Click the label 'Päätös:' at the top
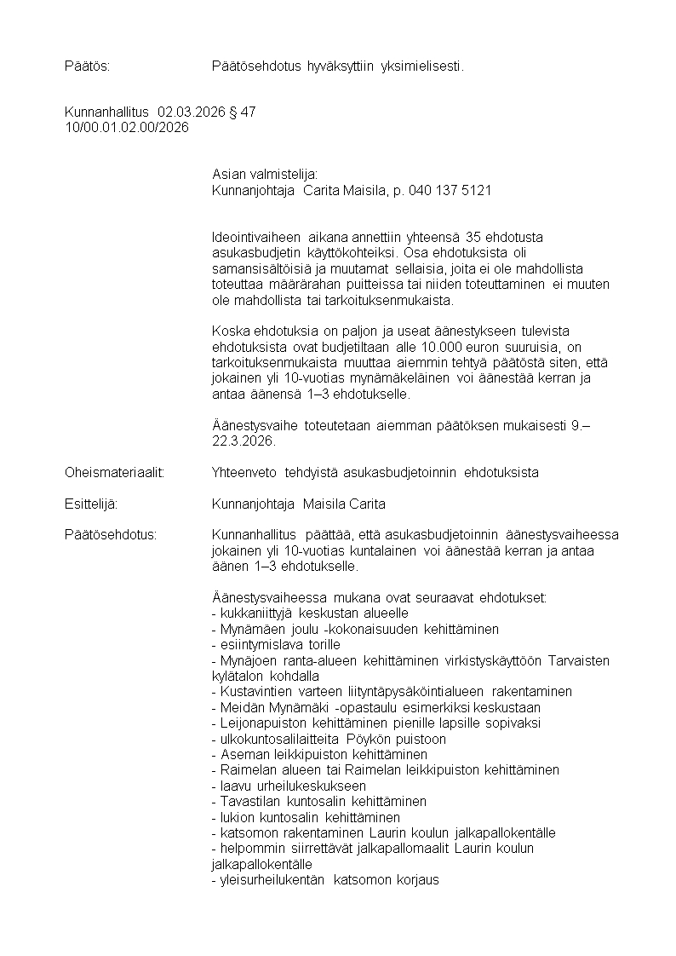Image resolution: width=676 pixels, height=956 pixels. pos(87,66)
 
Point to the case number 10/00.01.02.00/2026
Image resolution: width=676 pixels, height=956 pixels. pos(127,128)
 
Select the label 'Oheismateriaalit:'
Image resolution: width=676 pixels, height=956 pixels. pos(114,472)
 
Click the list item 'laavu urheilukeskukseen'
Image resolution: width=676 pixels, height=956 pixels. pos(288,786)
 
